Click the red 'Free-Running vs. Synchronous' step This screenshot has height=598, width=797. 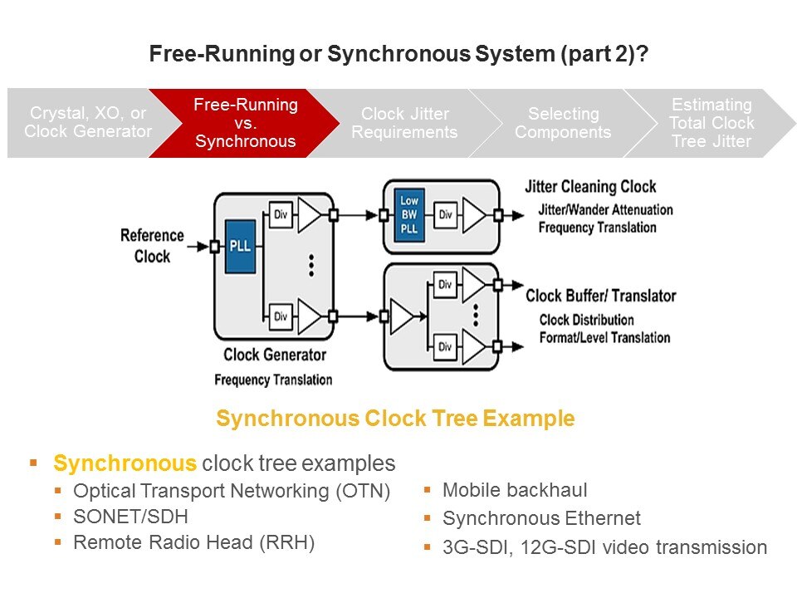246,123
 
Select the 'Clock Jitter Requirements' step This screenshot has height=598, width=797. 404,123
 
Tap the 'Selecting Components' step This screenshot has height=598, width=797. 563,123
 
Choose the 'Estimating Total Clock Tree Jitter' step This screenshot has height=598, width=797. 711,123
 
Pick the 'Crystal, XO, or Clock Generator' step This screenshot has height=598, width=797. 88,123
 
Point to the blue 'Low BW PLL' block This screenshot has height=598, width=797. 409,214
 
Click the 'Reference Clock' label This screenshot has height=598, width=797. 152,246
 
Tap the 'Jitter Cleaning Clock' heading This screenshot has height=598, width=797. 590,187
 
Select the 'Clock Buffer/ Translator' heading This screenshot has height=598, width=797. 600,296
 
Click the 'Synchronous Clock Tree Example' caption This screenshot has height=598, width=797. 395,419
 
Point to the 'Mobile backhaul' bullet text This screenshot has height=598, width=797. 515,490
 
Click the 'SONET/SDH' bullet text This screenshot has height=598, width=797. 130,517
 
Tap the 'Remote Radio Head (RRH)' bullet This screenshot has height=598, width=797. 194,543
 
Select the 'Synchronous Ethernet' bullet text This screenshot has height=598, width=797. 541,519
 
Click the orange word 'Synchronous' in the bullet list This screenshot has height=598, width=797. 125,463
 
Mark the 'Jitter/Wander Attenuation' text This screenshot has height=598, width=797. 605,210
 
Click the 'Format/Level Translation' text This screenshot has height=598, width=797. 604,337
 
